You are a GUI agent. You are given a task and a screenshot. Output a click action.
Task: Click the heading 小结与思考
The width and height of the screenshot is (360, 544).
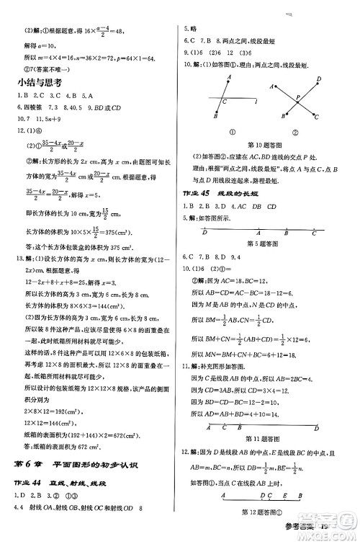pos(42,82)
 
